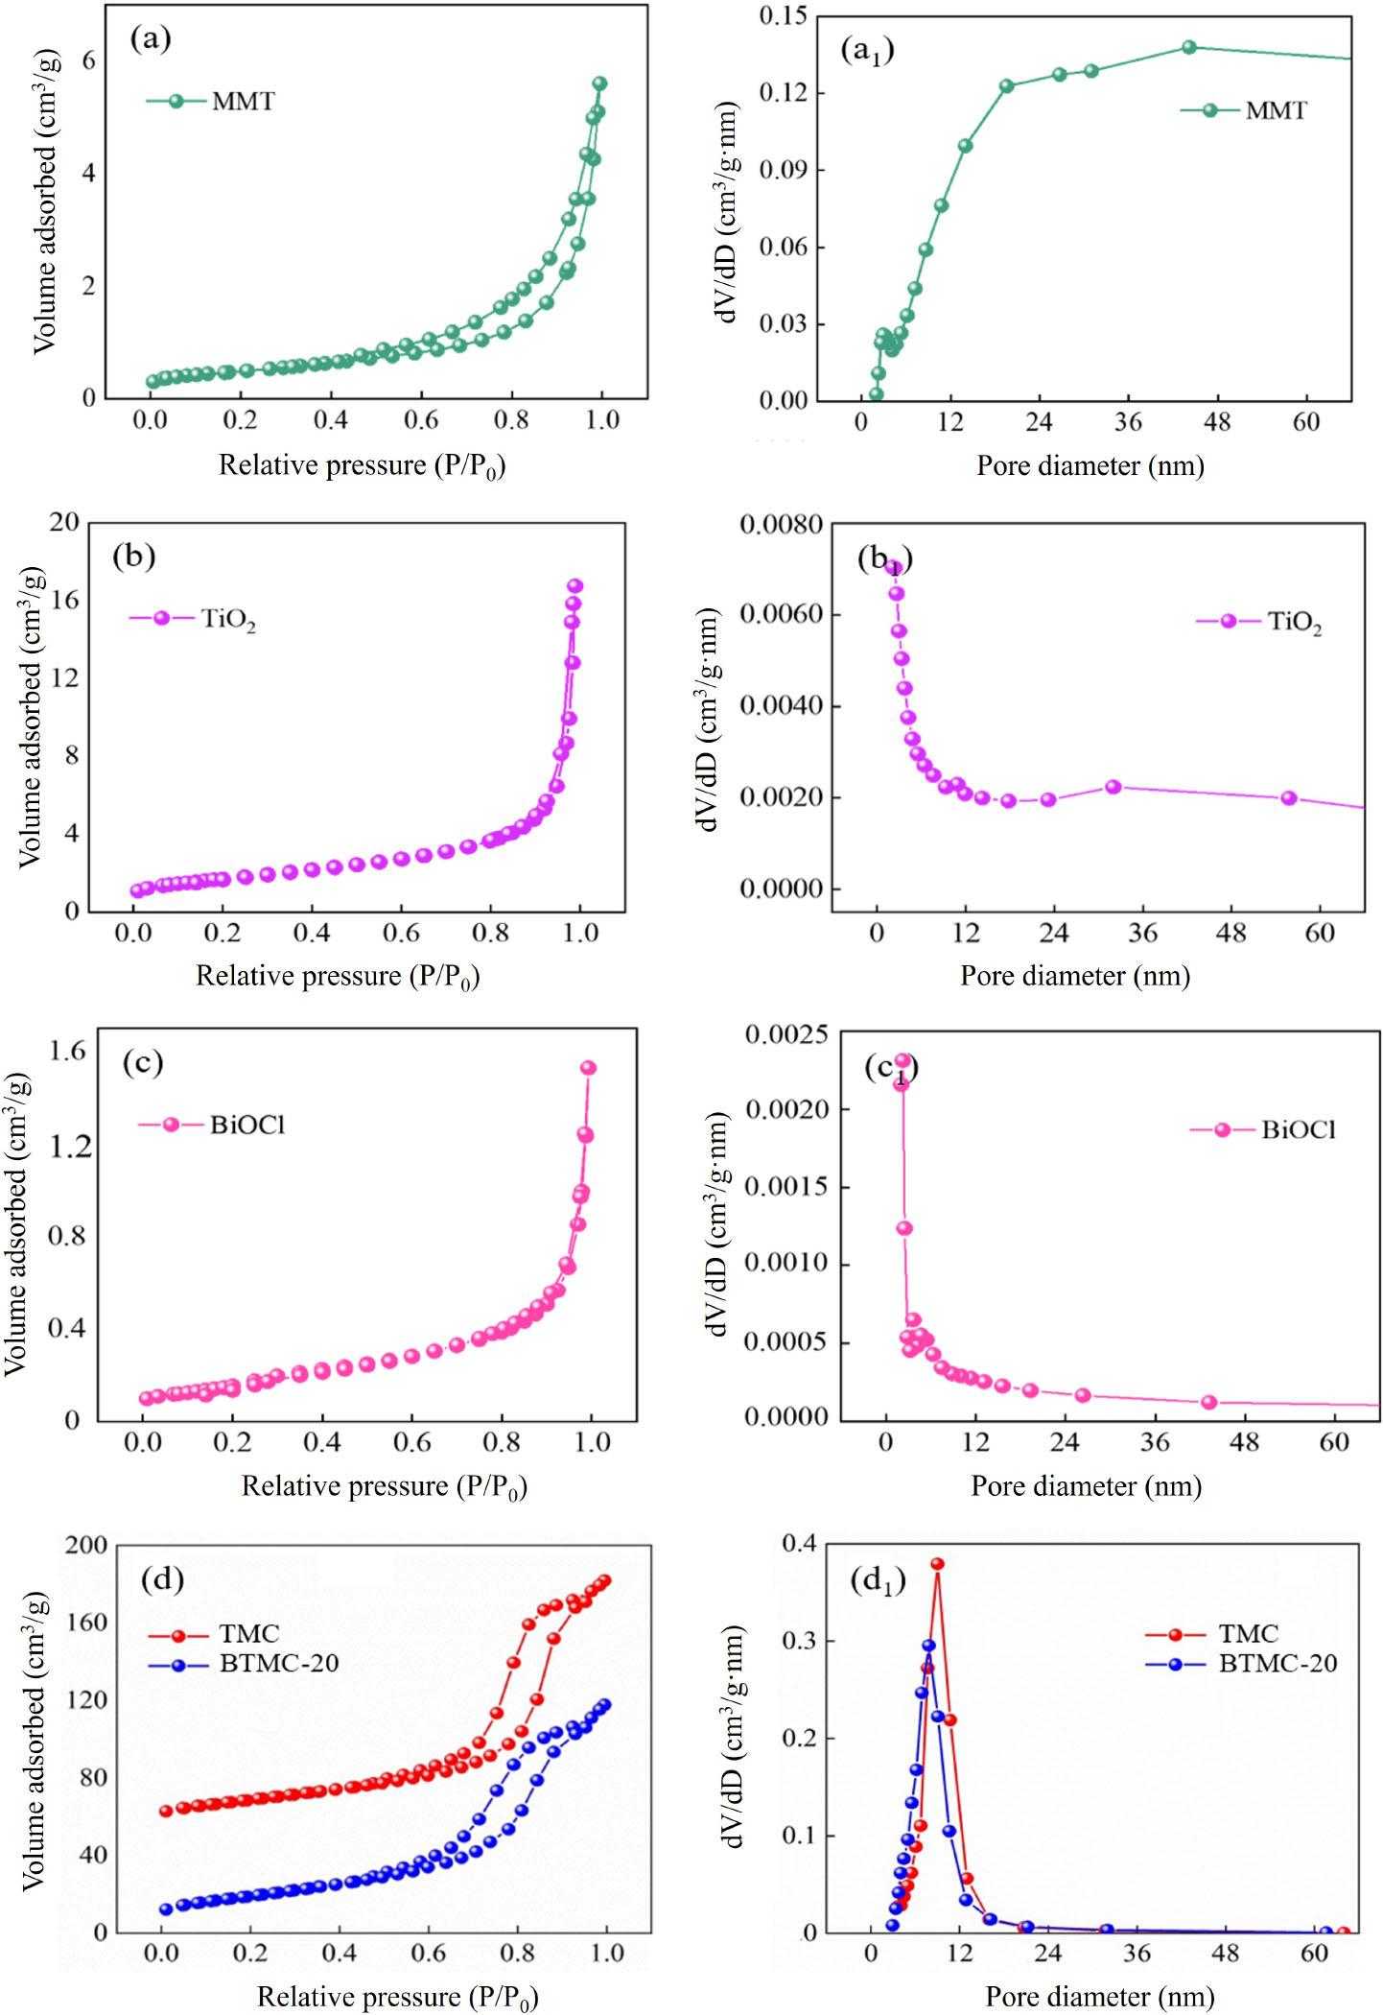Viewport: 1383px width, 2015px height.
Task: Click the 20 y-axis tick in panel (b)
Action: [67, 523]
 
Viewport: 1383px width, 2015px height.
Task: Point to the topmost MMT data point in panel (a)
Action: [599, 83]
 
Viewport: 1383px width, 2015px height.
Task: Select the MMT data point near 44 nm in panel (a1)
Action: [1189, 47]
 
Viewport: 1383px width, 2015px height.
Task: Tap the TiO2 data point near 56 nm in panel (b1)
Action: [1289, 798]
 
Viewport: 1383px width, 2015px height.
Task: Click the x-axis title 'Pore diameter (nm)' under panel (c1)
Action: [1086, 1486]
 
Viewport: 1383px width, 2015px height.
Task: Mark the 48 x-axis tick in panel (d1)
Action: [1227, 1951]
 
